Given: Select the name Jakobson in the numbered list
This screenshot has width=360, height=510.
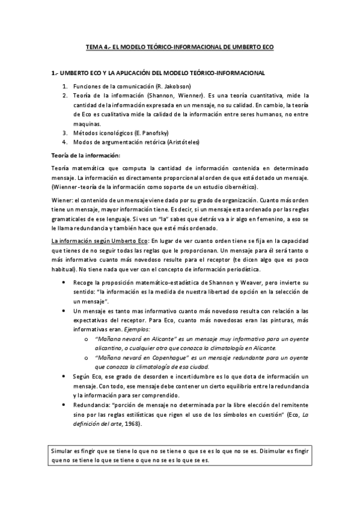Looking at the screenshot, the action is (176, 87).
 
